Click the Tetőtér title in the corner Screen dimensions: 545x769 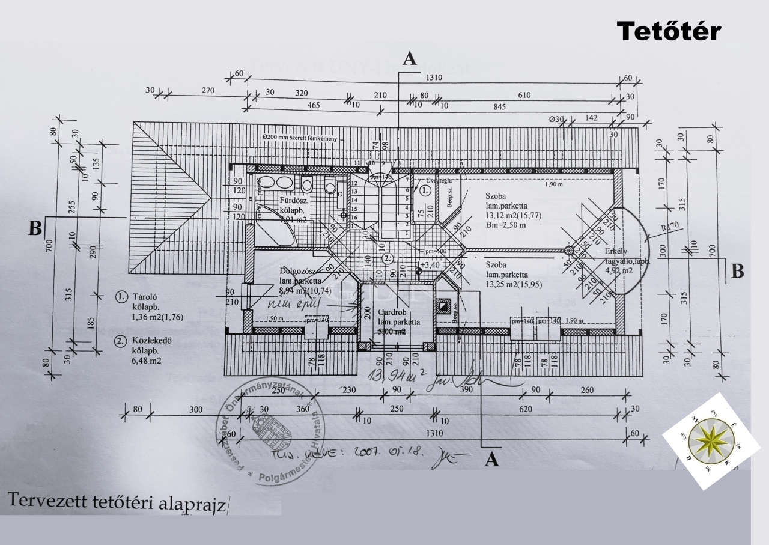pyautogui.click(x=669, y=31)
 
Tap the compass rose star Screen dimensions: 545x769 pyautogui.click(x=711, y=440)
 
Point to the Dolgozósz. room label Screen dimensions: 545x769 pyautogui.click(x=302, y=271)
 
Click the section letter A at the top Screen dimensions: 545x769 pyautogui.click(x=409, y=58)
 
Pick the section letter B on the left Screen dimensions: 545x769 pyautogui.click(x=36, y=228)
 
